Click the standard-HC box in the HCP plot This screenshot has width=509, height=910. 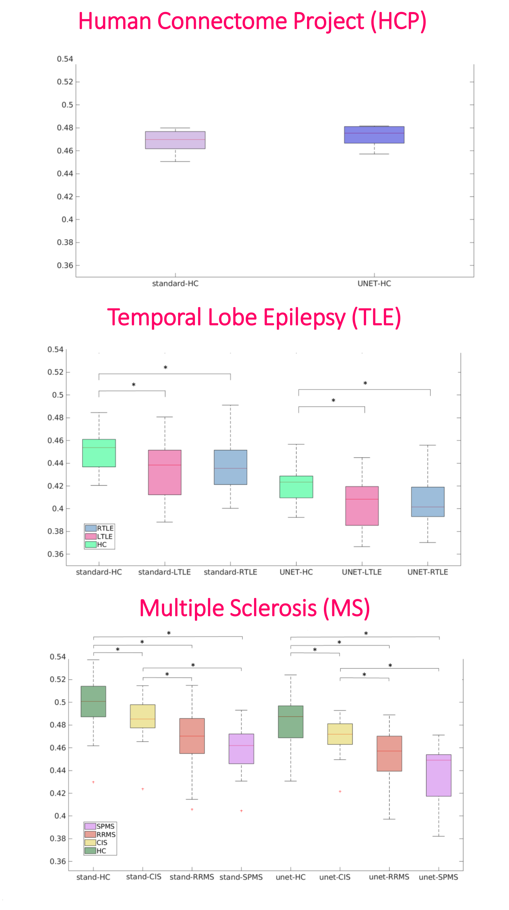pyautogui.click(x=175, y=140)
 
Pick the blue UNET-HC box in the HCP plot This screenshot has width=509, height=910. pyautogui.click(x=374, y=135)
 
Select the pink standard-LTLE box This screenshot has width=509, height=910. pyautogui.click(x=164, y=472)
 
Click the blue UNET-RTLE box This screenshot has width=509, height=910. pyautogui.click(x=427, y=502)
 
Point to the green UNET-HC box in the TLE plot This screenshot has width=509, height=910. pyautogui.click(x=296, y=487)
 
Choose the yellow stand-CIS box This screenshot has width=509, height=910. pyautogui.click(x=143, y=716)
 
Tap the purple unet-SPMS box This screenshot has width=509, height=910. pyautogui.click(x=438, y=775)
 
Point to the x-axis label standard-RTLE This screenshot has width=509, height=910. pyautogui.click(x=230, y=572)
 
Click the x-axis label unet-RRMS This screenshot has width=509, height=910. pyautogui.click(x=389, y=877)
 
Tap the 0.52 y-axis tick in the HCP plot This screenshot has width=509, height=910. pyautogui.click(x=65, y=82)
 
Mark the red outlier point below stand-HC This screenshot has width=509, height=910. pyautogui.click(x=93, y=782)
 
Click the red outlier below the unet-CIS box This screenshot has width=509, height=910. pyautogui.click(x=340, y=791)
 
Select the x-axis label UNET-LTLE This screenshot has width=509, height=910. pyautogui.click(x=362, y=572)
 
